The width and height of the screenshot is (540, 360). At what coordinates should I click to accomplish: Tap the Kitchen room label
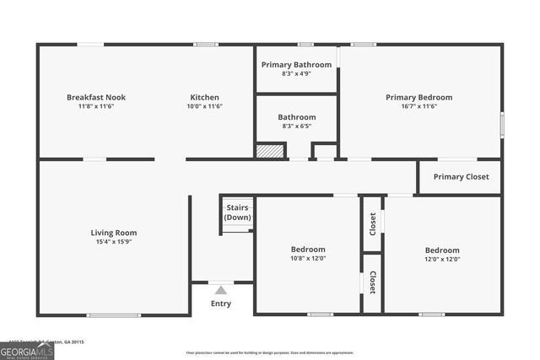coord(204,97)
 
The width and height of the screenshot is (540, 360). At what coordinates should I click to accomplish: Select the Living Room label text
coord(114,233)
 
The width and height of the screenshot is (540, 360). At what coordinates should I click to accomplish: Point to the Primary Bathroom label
coord(296,64)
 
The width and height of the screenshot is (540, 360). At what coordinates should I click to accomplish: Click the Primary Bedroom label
coord(418,97)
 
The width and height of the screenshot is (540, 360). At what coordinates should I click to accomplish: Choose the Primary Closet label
coord(461,177)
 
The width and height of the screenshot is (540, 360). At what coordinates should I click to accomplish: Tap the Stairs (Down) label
coord(237,212)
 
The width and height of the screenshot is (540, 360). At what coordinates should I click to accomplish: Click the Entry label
coord(220,304)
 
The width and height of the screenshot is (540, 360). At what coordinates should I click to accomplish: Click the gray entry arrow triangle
coord(220,290)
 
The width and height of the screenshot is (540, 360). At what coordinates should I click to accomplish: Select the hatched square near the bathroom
coord(268,151)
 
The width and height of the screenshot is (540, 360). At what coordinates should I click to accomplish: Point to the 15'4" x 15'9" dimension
coord(114,242)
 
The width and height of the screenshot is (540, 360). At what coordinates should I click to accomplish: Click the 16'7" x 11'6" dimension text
coord(418,107)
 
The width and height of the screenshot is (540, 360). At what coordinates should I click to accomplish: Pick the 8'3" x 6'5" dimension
coord(296,126)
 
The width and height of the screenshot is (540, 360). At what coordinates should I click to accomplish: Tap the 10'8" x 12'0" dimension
coord(308,259)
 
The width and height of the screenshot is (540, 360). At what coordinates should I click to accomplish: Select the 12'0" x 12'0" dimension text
coord(442,260)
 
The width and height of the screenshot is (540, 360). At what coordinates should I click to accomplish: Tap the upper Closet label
coord(372,223)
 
